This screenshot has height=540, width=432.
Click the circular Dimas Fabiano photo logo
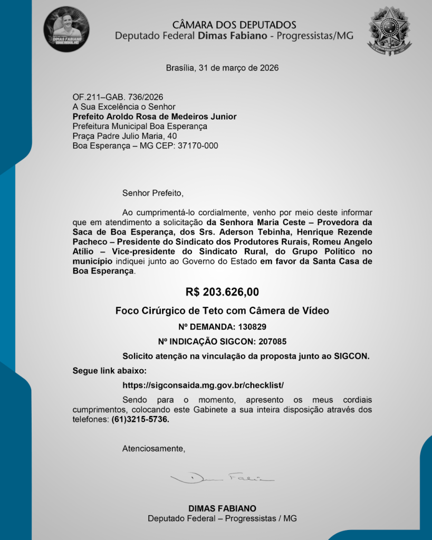coord(66,28)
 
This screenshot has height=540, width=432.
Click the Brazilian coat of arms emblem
coord(389,31)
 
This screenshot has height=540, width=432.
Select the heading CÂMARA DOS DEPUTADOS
coord(234,25)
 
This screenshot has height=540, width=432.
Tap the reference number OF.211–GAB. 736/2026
coord(118,97)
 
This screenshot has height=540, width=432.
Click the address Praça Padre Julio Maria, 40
coord(124,136)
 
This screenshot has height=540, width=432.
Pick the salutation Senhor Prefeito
coord(153,192)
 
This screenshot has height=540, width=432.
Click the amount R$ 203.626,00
coord(222,292)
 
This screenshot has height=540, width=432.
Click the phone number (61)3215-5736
coord(141,419)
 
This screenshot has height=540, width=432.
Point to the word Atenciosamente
coord(154,449)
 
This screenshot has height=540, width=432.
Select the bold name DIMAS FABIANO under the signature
coord(222,508)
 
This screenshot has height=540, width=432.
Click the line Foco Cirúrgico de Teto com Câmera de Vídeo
coord(222,311)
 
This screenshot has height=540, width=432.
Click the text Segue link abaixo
coord(109,371)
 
